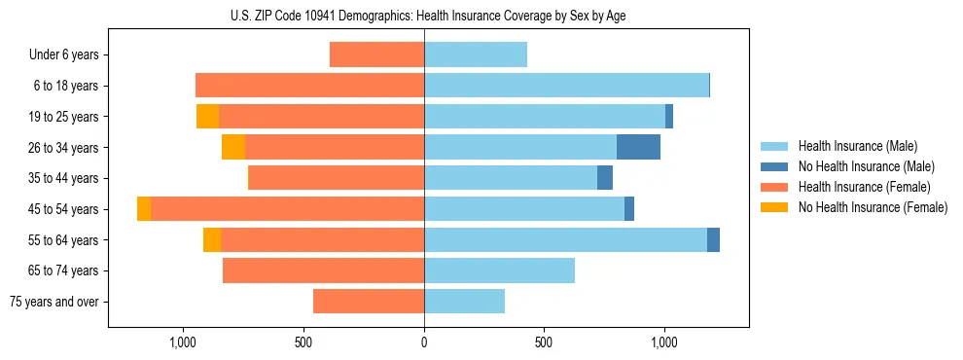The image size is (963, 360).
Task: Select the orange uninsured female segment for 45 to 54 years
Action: [144, 209]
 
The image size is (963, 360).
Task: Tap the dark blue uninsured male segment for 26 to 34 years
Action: [638, 147]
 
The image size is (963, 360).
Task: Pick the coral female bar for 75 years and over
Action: [369, 302]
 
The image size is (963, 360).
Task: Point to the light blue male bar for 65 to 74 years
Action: [499, 270]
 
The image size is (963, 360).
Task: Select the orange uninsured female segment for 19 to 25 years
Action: [207, 117]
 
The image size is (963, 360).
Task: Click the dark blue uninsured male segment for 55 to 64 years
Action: [713, 240]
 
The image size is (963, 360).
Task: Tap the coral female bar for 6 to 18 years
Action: [309, 86]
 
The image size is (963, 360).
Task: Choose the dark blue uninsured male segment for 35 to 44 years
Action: [605, 178]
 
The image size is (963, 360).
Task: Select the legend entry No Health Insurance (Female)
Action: [873, 207]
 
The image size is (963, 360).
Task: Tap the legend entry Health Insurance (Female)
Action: [864, 187]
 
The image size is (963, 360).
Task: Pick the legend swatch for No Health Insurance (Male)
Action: [774, 166]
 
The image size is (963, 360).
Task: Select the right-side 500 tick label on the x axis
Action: [544, 342]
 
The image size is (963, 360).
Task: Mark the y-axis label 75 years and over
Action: [54, 302]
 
